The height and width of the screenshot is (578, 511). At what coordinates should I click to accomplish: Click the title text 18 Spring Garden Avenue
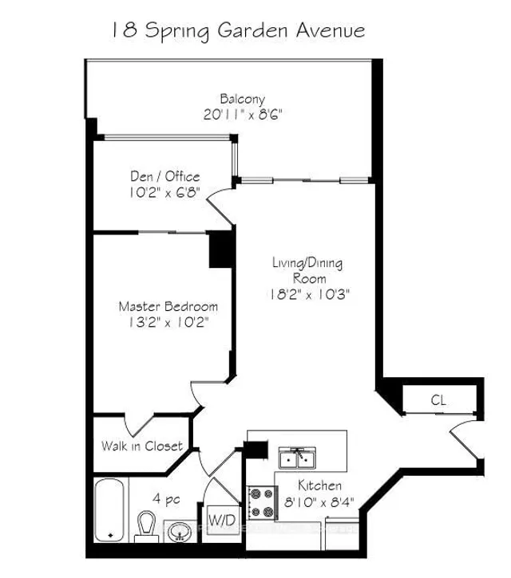point(238,31)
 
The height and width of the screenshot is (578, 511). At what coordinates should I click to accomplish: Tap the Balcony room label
point(243,99)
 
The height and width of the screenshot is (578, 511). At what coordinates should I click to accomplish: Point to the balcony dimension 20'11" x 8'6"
point(243,115)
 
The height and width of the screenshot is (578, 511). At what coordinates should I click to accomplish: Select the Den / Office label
point(165,176)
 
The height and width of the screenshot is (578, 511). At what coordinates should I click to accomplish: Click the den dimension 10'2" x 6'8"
point(164,192)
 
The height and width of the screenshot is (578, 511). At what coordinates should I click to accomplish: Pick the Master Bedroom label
point(168,307)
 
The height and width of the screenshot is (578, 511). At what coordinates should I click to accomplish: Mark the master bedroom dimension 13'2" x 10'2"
point(168,323)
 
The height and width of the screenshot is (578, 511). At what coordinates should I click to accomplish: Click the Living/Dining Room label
point(307,270)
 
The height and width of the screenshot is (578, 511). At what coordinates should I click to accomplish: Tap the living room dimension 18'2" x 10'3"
point(310,294)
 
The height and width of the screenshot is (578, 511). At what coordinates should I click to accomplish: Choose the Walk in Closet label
point(142,446)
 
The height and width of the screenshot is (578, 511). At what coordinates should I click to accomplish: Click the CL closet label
point(438,400)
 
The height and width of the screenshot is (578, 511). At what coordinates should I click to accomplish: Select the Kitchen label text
point(319,486)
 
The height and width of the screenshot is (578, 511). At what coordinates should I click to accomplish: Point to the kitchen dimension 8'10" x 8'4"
point(319,501)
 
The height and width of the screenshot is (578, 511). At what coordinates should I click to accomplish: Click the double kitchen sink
point(297,458)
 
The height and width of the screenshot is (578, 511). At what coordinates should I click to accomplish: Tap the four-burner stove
point(262,503)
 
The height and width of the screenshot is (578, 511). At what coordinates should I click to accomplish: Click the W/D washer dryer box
point(222,521)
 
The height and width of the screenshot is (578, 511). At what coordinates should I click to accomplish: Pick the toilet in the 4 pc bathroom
point(146,526)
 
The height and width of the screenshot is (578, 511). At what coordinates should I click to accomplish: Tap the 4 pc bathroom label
point(166,499)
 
